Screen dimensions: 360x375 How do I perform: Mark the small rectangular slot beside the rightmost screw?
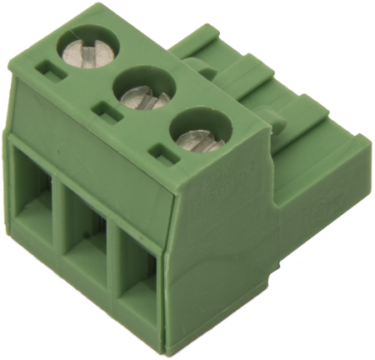tap(160, 151)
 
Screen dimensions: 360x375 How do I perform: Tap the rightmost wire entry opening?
tap(137, 275)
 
